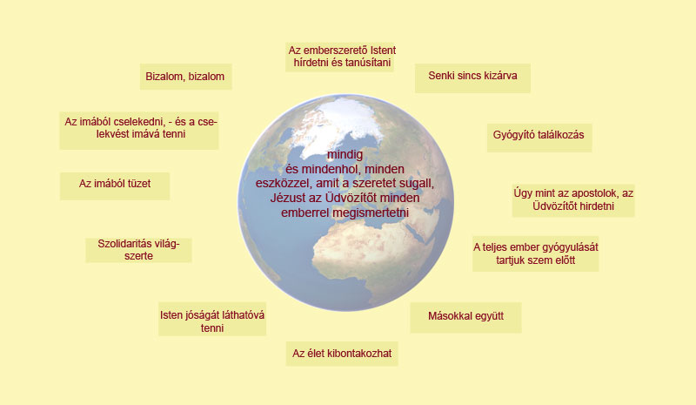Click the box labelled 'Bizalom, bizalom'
pyautogui.click(x=186, y=77)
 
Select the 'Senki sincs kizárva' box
pyautogui.click(x=472, y=78)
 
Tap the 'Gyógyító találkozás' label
pyautogui.click(x=539, y=138)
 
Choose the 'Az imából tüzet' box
pyautogui.click(x=115, y=186)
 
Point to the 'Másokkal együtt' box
pyautogui.click(x=465, y=318)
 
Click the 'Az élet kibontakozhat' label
pyautogui.click(x=342, y=354)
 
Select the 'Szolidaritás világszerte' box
pyautogui.click(x=138, y=250)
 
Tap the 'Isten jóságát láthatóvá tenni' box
pyautogui.click(x=212, y=319)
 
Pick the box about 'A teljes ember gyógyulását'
pyautogui.click(x=535, y=253)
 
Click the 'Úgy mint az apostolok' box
pyautogui.click(x=573, y=200)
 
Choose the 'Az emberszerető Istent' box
pyautogui.click(x=340, y=57)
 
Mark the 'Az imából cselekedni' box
pyautogui.click(x=139, y=131)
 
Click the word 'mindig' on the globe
pyautogui.click(x=345, y=155)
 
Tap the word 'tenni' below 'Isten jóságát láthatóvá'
pyautogui.click(x=212, y=328)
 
